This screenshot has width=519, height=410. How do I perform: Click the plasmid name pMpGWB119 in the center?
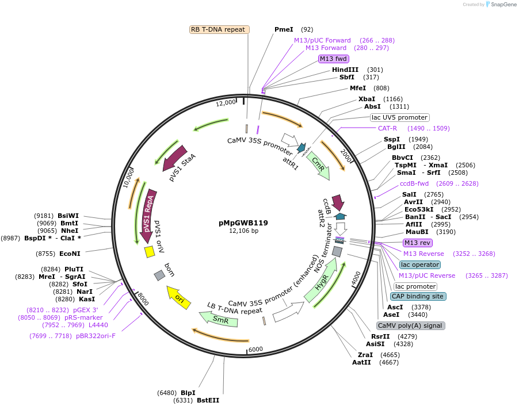(243, 223)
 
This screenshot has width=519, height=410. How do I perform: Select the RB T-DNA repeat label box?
(219, 29)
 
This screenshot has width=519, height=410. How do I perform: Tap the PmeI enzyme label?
(284, 29)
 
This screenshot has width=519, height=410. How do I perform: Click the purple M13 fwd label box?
(334, 59)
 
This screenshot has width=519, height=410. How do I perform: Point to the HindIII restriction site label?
(345, 70)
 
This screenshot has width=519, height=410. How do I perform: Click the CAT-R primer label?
(387, 128)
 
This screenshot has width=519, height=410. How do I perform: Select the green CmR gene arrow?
(318, 165)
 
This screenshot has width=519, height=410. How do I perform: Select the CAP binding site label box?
(417, 296)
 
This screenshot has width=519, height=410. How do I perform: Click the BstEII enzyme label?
(208, 400)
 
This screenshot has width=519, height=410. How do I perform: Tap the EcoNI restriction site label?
(70, 253)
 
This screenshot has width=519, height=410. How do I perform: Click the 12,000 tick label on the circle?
(226, 102)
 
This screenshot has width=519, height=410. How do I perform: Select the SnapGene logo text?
(499, 5)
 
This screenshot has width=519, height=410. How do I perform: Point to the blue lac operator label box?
(419, 265)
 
